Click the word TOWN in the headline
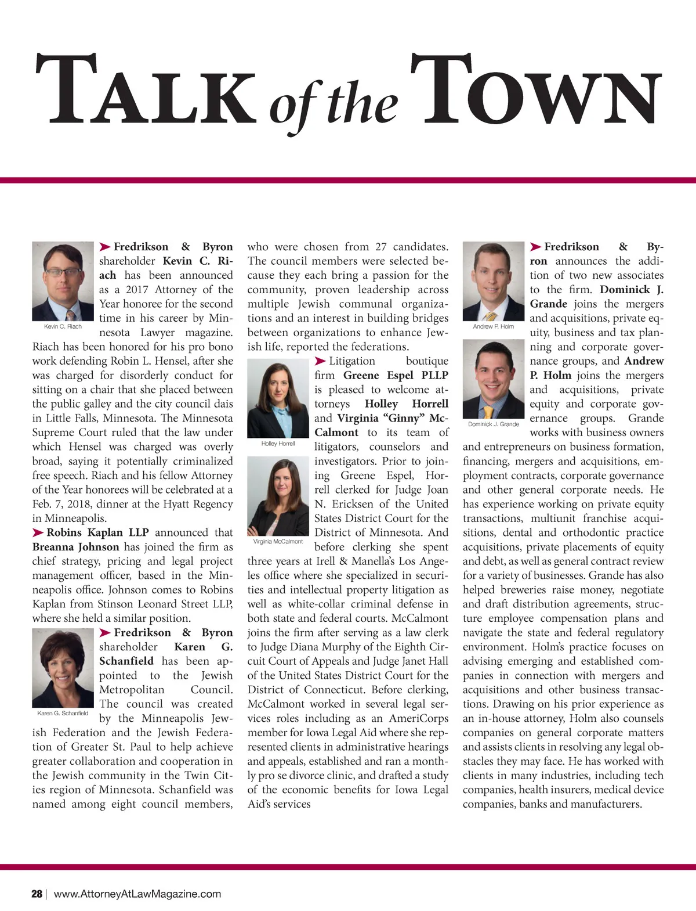[536, 90]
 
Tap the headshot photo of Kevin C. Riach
[63, 281]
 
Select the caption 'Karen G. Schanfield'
[63, 713]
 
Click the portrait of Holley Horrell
[278, 398]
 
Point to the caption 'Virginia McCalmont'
[278, 542]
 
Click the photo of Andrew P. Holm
[493, 281]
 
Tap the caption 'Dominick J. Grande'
[494, 424]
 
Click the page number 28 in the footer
[37, 894]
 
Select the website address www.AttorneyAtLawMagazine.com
[137, 894]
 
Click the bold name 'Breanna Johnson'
[76, 547]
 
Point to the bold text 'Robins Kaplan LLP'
[97, 532]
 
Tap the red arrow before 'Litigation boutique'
[320, 361]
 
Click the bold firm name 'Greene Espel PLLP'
[396, 376]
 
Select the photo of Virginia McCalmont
[278, 496]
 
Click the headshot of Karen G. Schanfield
[63, 668]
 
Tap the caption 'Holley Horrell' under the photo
[278, 444]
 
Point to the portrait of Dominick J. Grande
[494, 379]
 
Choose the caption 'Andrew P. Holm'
[493, 326]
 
